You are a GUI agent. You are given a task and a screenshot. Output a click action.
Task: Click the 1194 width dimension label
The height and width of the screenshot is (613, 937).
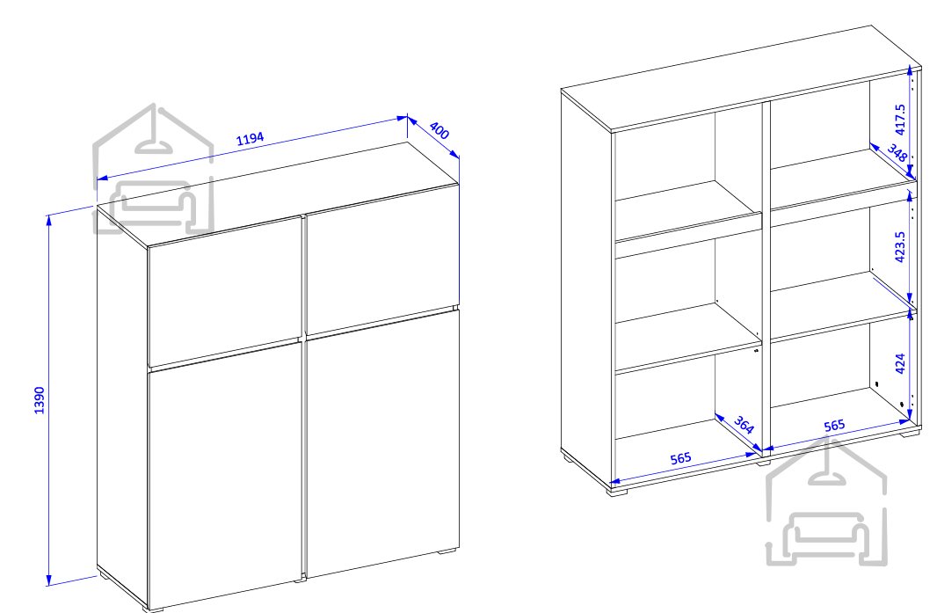point(250,139)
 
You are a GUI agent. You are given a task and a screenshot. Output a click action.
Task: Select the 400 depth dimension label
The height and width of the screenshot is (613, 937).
point(439,131)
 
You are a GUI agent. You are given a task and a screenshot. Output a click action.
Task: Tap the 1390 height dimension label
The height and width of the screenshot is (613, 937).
point(40,400)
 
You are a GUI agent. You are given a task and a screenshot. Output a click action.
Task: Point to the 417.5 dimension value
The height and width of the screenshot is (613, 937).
point(900,120)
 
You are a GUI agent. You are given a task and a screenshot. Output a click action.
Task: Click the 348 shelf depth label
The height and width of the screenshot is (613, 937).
point(897,153)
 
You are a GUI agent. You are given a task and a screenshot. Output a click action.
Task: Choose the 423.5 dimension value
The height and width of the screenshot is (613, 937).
point(900,247)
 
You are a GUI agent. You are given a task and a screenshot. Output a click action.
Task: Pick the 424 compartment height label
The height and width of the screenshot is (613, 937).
point(900,363)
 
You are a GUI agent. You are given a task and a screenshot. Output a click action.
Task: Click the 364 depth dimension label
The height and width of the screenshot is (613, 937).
point(744,425)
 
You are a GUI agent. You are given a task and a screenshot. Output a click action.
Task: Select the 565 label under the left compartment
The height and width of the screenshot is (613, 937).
point(680,459)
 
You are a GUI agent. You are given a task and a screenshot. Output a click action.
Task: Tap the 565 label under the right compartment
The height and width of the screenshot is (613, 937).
point(834,425)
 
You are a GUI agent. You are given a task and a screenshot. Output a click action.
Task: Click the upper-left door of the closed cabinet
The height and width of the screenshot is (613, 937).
point(225,290)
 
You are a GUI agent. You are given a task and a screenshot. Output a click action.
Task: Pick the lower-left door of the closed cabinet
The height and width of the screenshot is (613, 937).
point(225,476)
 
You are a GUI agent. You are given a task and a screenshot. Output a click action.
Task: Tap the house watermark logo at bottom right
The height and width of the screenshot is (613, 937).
point(826,502)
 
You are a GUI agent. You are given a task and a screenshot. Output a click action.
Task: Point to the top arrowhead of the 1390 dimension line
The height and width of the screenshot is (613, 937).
point(49,220)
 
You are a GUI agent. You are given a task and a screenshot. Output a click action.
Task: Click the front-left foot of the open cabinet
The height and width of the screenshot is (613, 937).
point(617,493)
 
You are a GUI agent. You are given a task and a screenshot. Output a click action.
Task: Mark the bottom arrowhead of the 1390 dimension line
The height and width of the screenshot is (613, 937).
point(49,580)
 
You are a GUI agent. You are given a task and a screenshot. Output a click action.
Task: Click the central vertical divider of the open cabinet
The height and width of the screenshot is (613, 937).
point(766,275)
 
